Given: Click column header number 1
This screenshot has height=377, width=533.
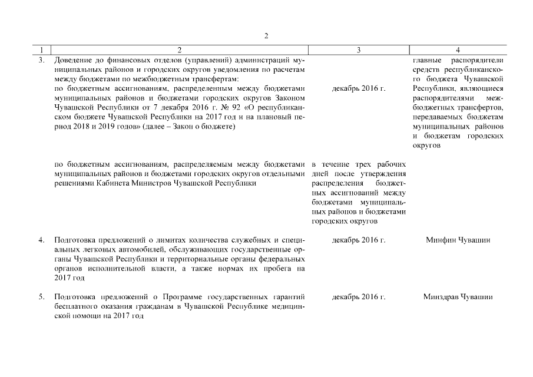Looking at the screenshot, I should (41, 51).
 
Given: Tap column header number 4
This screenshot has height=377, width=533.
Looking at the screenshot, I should (458, 51).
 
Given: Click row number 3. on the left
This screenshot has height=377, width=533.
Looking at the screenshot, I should (41, 61).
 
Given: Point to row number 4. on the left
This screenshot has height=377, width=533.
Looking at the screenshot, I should (41, 240).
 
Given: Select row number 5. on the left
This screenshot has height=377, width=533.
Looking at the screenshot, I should (41, 296).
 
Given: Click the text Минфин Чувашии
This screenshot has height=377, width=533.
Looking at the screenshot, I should (458, 240).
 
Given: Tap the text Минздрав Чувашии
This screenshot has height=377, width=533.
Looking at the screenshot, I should (458, 296).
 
